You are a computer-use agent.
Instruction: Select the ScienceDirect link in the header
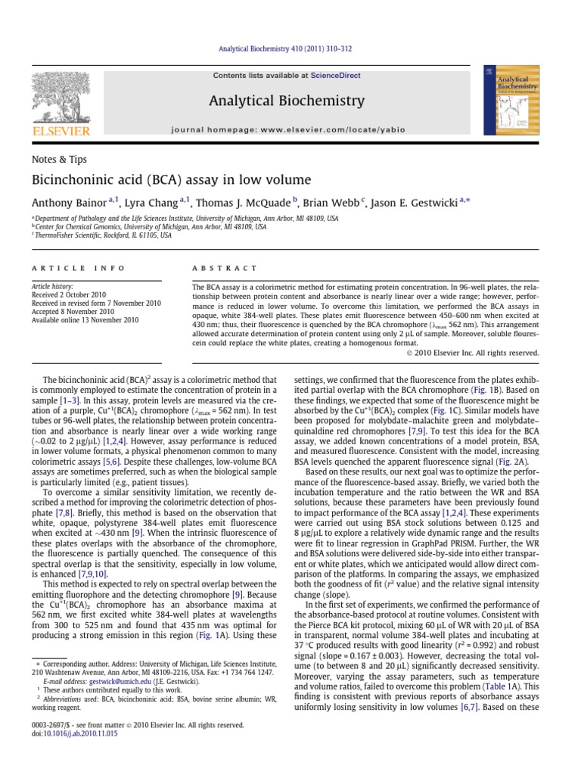(x=330, y=76)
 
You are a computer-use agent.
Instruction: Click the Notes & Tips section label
(x=59, y=160)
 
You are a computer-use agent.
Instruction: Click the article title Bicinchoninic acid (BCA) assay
(x=171, y=180)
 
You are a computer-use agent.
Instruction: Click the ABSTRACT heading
(x=225, y=268)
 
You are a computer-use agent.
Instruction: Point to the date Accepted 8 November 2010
(x=73, y=311)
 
